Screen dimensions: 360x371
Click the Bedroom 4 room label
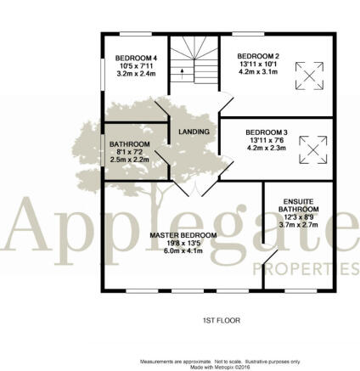coord(136,59)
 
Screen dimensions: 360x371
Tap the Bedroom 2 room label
coord(258,56)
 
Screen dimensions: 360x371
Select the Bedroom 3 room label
coord(267,132)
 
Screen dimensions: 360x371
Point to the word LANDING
coord(194,132)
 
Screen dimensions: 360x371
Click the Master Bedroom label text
coord(183,235)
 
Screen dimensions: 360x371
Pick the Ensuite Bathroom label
coord(299,205)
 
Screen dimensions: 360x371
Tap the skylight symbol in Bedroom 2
coord(309,76)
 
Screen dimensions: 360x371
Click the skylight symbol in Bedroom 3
coord(313,149)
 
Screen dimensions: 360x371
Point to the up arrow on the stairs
coord(182,73)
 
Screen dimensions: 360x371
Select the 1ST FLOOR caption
coord(222,321)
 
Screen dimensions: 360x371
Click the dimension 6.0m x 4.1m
coord(183,250)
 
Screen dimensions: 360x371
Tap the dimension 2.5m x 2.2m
coord(130,160)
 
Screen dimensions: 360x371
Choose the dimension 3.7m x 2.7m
coord(299,225)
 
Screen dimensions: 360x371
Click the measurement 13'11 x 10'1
coord(258,64)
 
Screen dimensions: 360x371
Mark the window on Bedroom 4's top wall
coord(136,34)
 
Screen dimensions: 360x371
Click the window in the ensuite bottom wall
coord(301,291)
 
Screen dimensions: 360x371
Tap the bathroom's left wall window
coord(103,150)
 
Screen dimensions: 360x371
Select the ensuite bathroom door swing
coord(270,256)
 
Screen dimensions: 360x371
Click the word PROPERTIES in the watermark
coord(306,269)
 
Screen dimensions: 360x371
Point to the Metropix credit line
coord(220,367)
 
